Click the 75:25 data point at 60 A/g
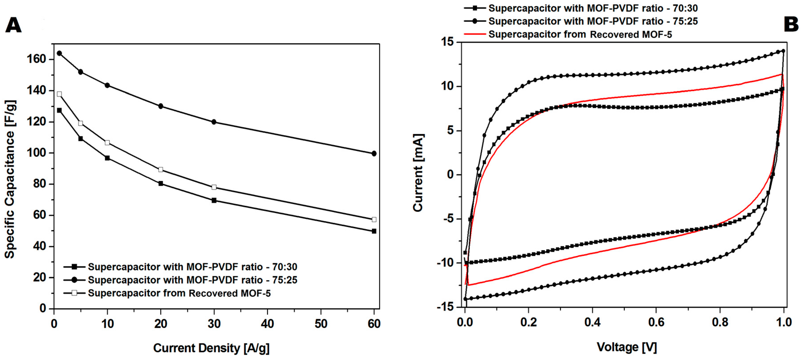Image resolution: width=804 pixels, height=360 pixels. (374, 153)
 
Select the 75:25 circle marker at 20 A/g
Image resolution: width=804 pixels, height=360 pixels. (161, 106)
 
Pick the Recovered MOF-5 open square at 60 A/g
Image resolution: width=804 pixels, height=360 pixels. (374, 219)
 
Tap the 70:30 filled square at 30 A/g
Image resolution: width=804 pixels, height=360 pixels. (214, 200)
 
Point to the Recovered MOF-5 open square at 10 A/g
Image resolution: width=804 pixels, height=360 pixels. (107, 143)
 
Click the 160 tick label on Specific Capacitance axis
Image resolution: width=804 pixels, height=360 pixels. (37, 59)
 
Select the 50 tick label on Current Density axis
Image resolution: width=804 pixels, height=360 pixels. (320, 324)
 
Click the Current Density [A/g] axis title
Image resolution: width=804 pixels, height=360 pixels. (211, 348)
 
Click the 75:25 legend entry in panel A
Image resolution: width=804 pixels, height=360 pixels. (192, 280)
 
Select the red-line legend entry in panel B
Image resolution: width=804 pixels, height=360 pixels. (580, 34)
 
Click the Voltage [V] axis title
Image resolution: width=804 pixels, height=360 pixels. (627, 347)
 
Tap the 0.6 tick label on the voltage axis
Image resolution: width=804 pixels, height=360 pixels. (656, 322)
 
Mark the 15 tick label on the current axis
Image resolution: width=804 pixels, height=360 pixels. (448, 42)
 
